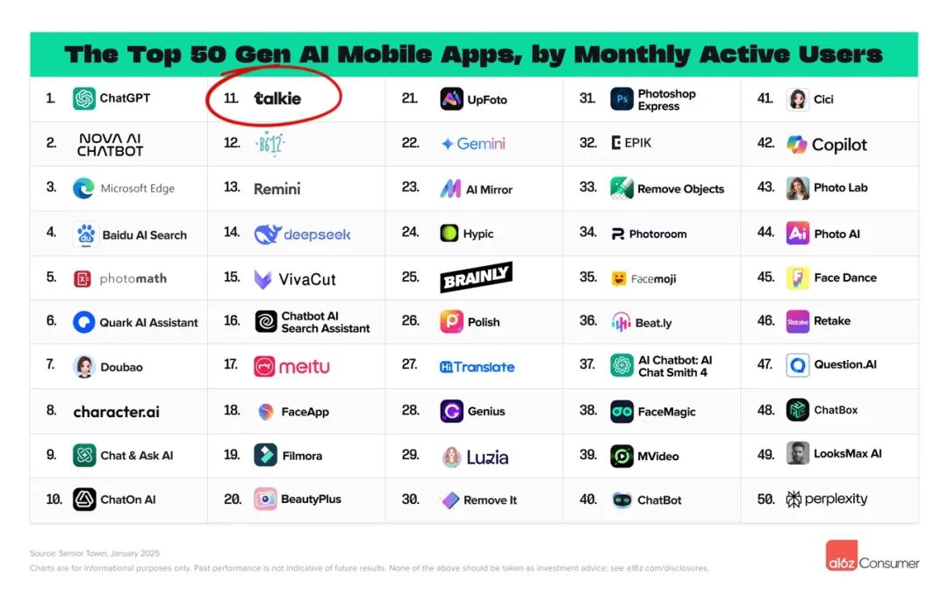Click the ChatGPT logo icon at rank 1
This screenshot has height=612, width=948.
84,98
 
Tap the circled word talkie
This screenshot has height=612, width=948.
277,98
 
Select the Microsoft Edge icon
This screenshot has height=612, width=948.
84,188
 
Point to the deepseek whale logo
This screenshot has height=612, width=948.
267,234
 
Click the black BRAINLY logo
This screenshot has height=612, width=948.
476,277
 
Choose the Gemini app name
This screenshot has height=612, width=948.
481,144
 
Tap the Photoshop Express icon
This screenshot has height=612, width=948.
621,99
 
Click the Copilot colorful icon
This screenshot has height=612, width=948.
797,144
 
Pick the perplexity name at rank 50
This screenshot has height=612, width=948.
837,499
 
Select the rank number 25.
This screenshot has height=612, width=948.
410,277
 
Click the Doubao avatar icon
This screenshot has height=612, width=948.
84,366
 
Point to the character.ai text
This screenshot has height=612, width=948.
117,411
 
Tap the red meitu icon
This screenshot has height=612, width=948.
265,366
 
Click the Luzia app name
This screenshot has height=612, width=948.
488,457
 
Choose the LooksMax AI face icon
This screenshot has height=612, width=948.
797,454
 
